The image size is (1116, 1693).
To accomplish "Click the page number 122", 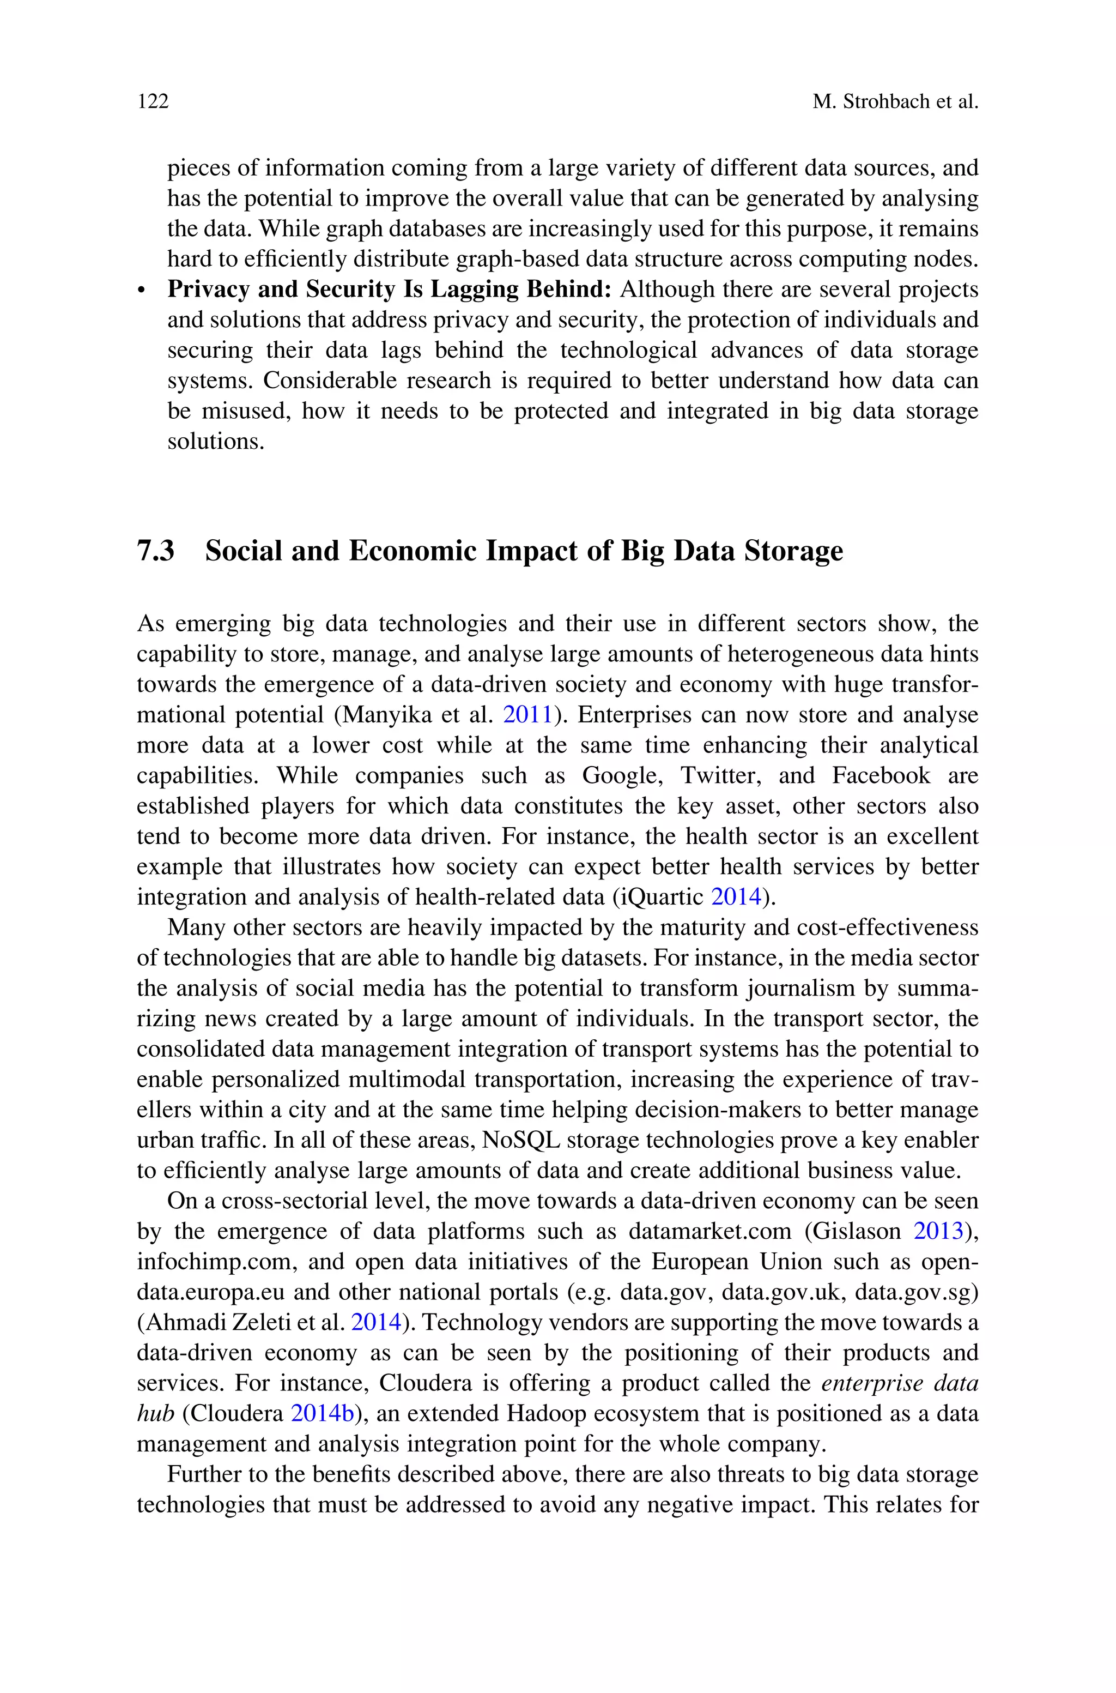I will (x=153, y=102).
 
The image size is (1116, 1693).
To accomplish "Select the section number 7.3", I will (x=156, y=551).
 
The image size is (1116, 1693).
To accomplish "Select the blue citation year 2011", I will (x=527, y=715).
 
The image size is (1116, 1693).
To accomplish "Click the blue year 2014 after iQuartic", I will (x=736, y=897).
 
